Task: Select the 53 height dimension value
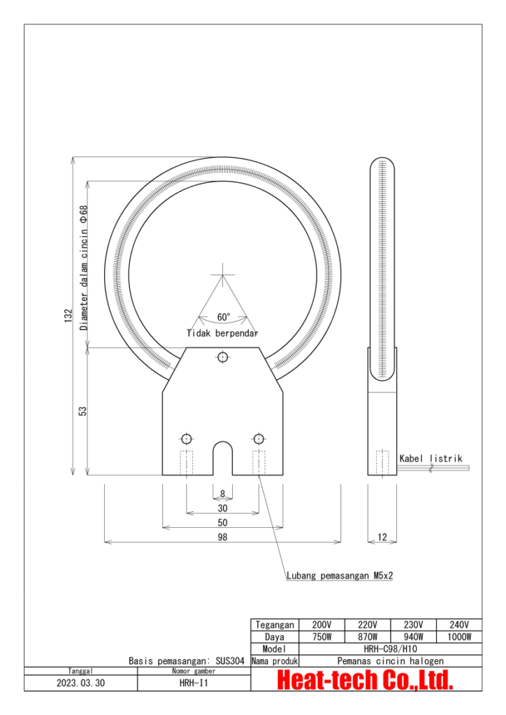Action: pyautogui.click(x=82, y=412)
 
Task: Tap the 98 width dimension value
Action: pyautogui.click(x=222, y=537)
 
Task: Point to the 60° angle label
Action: pyautogui.click(x=223, y=317)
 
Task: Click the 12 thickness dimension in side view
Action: pyautogui.click(x=382, y=537)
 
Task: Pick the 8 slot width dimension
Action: pyautogui.click(x=222, y=494)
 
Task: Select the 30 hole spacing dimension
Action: pyautogui.click(x=222, y=509)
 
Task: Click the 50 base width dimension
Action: pyautogui.click(x=222, y=523)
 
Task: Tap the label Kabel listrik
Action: pyautogui.click(x=431, y=459)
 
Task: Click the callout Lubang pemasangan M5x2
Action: pyautogui.click(x=340, y=576)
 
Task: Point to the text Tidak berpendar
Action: pyautogui.click(x=222, y=333)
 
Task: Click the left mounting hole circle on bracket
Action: pyautogui.click(x=186, y=438)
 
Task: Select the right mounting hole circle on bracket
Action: pyautogui.click(x=259, y=438)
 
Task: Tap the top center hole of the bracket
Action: pyautogui.click(x=222, y=357)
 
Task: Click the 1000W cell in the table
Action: pyautogui.click(x=459, y=637)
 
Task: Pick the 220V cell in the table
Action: pyautogui.click(x=368, y=625)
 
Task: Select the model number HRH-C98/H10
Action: pyautogui.click(x=391, y=649)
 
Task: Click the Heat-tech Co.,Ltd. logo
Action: pyautogui.click(x=366, y=679)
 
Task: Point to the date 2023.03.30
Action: pyautogui.click(x=80, y=684)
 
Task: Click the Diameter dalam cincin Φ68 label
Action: pyautogui.click(x=83, y=267)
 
